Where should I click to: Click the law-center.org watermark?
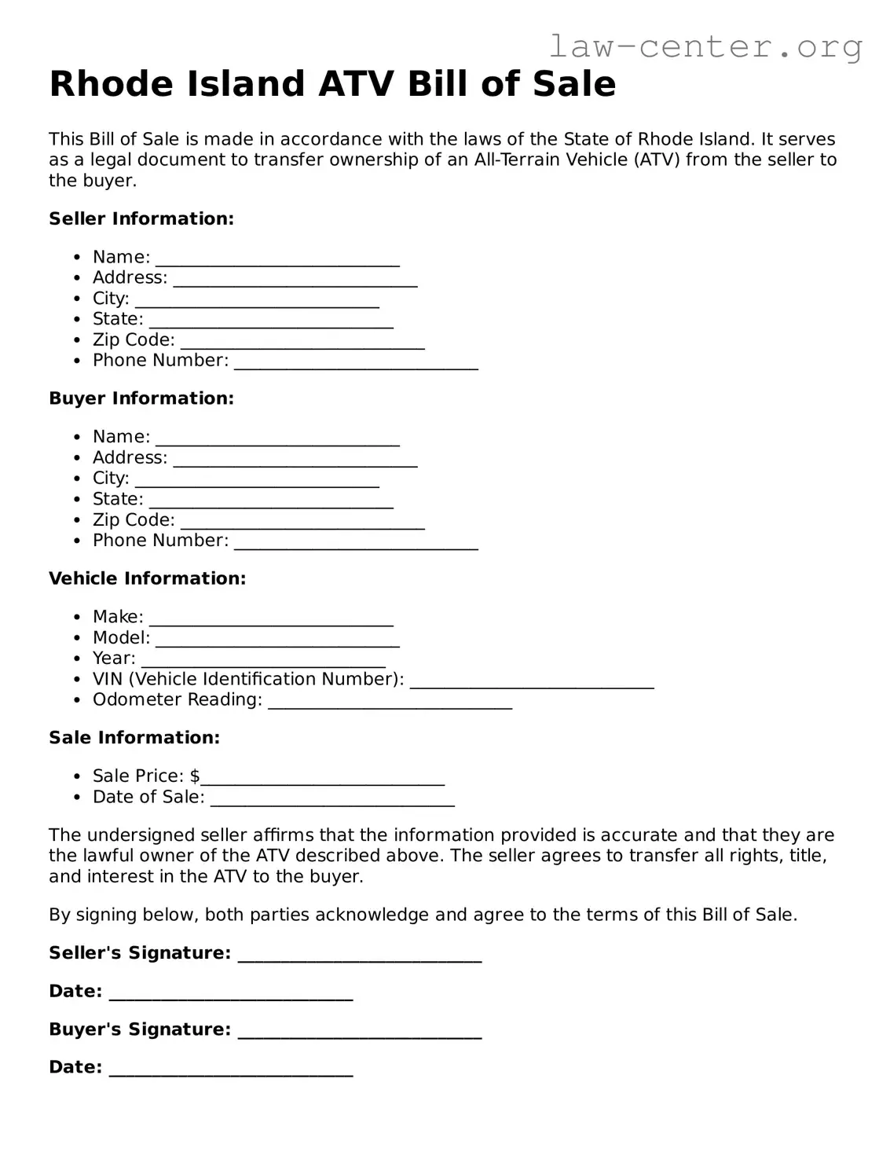pos(705,46)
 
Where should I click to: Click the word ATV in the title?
pos(357,84)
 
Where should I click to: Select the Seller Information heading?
pos(141,218)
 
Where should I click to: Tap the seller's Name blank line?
pos(277,259)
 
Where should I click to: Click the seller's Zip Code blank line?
pos(302,342)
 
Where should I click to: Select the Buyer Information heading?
pos(141,398)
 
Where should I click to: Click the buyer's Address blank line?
pos(295,460)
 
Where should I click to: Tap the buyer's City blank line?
pos(257,480)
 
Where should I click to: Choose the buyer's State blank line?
pos(271,501)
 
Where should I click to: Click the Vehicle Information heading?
pos(147,578)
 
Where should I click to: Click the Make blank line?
pos(271,619)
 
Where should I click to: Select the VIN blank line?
pos(532,681)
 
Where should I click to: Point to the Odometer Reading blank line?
pos(390,702)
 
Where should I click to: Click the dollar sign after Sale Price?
pos(195,776)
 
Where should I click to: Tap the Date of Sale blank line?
pos(332,799)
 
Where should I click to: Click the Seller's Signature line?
pos(359,956)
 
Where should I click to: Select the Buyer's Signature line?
pos(359,1032)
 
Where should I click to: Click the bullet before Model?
pos(76,638)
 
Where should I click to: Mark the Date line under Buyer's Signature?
pos(231,1069)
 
